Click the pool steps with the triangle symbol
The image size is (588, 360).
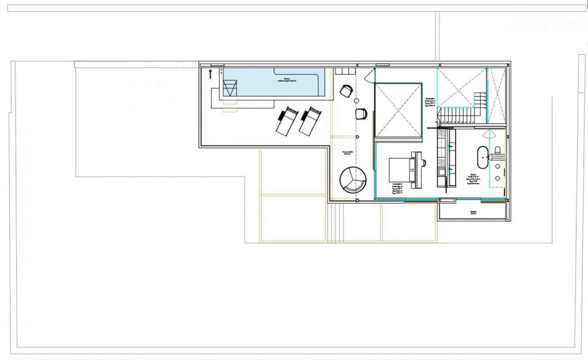(x=230, y=88)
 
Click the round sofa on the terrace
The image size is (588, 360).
(x=353, y=180)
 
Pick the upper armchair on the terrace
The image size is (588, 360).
(x=346, y=91)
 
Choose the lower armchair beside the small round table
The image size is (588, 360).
(x=361, y=114)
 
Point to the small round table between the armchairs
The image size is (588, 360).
(x=356, y=101)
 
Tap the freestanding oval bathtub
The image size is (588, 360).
(x=482, y=157)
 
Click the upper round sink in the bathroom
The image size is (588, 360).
(x=498, y=166)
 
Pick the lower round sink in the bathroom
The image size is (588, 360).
(x=498, y=178)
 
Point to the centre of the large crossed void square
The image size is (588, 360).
(x=398, y=110)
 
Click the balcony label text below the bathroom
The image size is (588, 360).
(x=474, y=213)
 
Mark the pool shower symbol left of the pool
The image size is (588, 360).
(x=210, y=73)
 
